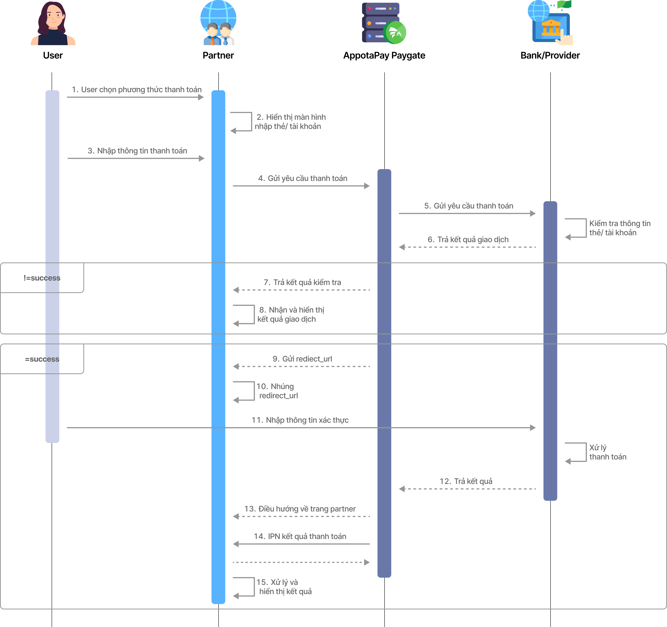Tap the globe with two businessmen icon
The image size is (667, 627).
[x=218, y=23]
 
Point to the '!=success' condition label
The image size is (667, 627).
[x=42, y=278]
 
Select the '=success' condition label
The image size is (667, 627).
[x=42, y=359]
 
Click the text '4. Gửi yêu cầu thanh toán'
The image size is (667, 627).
[x=303, y=178]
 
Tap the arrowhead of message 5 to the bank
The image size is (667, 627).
[x=533, y=213]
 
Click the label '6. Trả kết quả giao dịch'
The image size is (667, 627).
[x=468, y=239]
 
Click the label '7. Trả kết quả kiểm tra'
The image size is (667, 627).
[x=302, y=282]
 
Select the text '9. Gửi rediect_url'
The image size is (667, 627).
[x=302, y=359]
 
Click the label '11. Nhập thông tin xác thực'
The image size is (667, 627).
[x=300, y=420]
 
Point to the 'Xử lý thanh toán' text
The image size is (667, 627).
[x=608, y=452]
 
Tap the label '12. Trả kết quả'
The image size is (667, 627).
[x=466, y=481]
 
